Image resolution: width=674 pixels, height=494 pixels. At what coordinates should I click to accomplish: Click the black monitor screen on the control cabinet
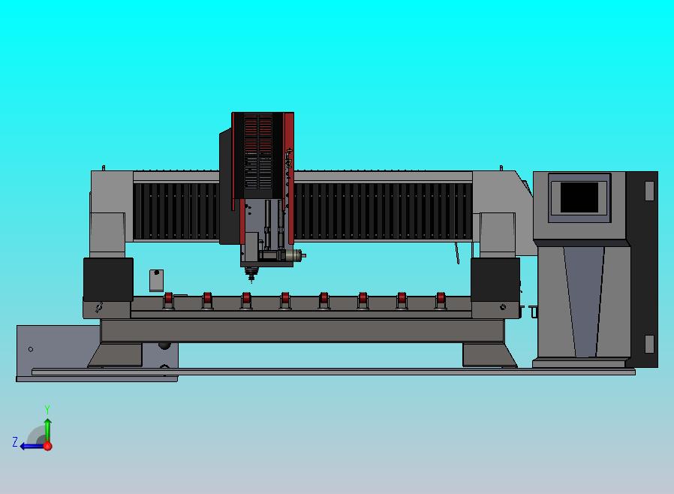coord(579,197)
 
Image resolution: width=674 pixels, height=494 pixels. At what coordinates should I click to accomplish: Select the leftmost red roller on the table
coord(168,300)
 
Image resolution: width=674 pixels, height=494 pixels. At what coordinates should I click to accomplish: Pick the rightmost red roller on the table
coord(441,300)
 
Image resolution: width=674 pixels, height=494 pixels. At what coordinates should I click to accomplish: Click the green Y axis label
coord(47,409)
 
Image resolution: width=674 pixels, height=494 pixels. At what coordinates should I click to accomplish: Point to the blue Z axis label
coord(15,442)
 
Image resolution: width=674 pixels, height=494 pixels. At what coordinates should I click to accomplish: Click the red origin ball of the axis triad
coord(48,446)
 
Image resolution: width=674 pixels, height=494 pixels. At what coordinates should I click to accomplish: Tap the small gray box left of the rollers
coord(156,280)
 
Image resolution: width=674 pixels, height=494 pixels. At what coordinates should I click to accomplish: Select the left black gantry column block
coord(108,279)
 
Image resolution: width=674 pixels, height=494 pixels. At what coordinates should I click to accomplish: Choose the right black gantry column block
coord(495,279)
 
